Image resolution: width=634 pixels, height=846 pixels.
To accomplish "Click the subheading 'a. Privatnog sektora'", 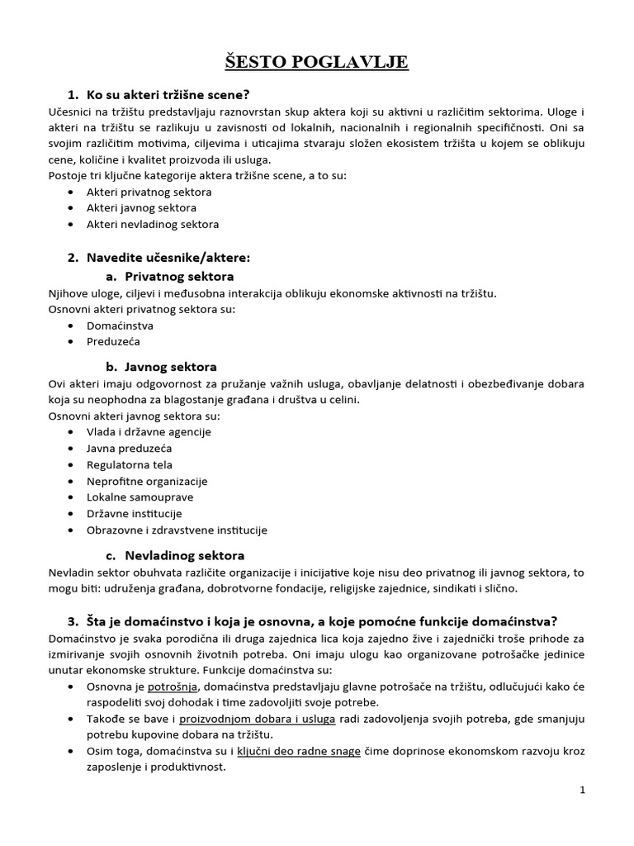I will coord(169,276).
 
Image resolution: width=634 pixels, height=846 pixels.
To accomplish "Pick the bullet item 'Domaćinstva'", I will coord(114,325).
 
